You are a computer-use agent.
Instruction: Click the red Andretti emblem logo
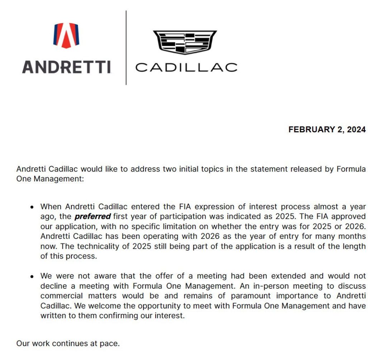point(66,35)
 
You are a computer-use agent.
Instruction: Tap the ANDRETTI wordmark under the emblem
point(66,67)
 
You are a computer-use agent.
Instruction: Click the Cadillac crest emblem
point(185,42)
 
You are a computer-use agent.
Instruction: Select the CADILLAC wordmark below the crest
point(186,67)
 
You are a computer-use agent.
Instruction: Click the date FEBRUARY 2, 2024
point(327,129)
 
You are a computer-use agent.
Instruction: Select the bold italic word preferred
point(93,217)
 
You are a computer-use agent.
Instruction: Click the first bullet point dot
point(32,207)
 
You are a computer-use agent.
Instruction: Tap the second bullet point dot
point(32,277)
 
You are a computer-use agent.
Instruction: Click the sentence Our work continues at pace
point(68,343)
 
